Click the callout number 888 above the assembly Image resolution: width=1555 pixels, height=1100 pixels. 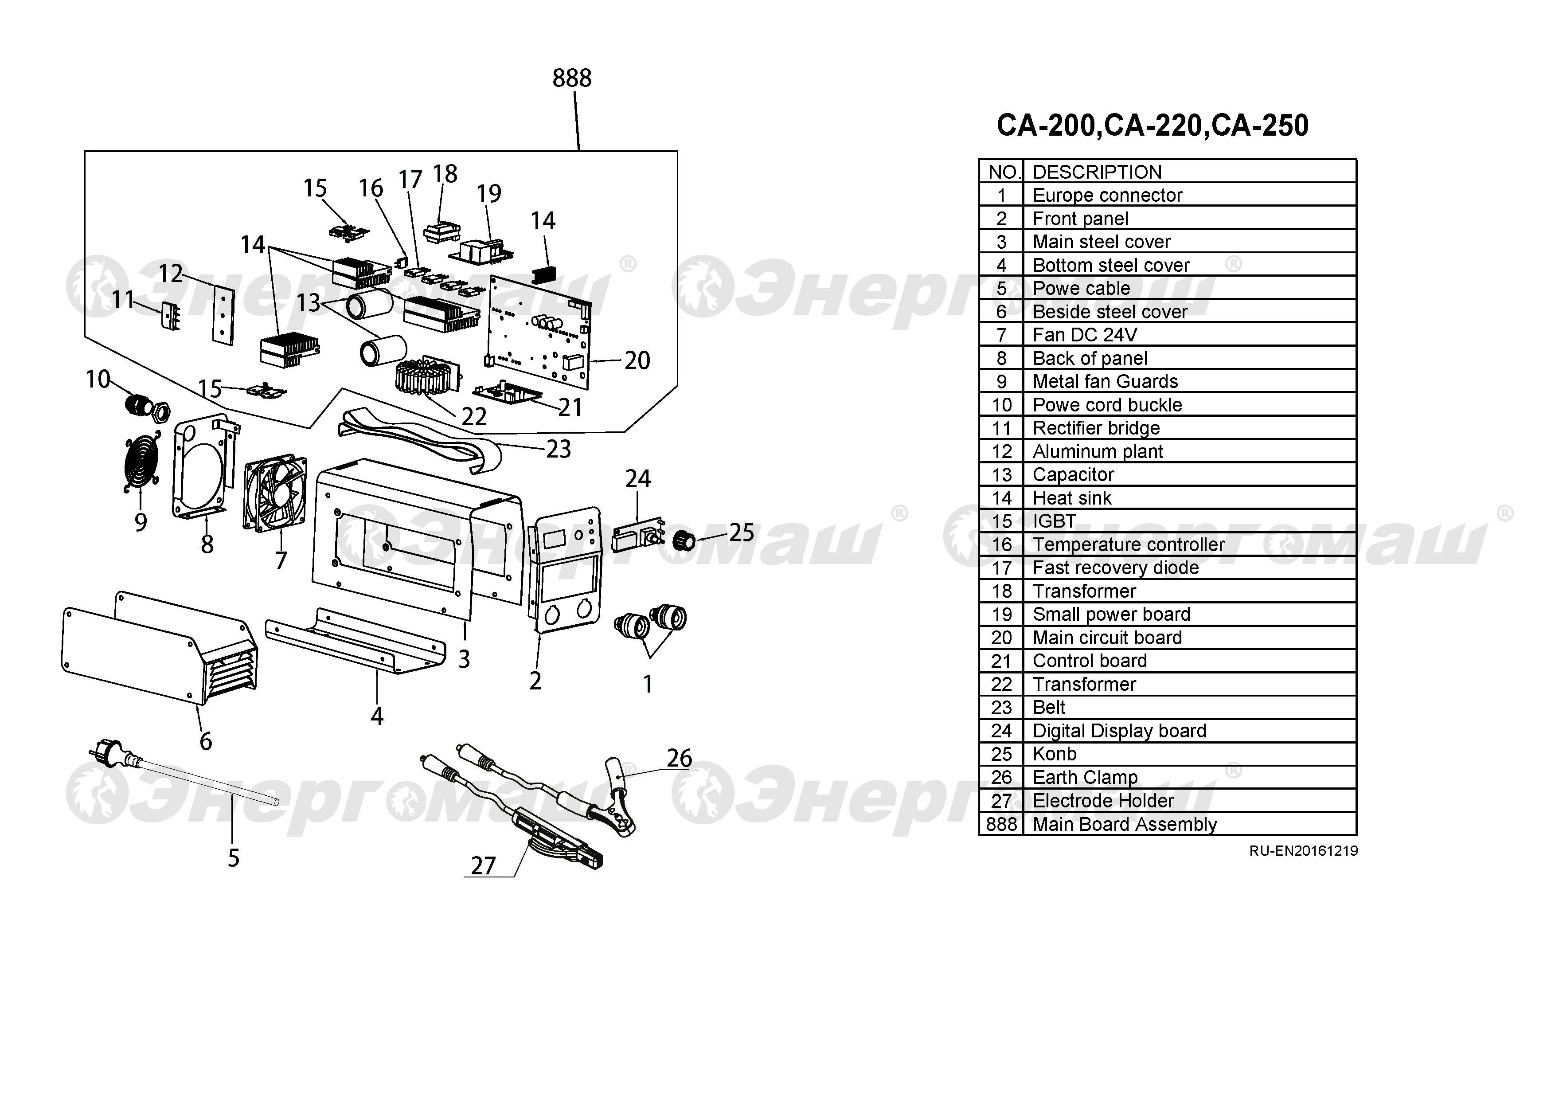point(572,78)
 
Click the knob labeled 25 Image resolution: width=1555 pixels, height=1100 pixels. point(685,540)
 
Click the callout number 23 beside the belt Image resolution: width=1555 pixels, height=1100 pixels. point(558,449)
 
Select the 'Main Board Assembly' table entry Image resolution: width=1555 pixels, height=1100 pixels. point(1124,824)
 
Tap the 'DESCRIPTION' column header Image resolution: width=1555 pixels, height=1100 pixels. point(1097,172)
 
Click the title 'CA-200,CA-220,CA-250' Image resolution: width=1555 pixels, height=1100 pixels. point(1152,126)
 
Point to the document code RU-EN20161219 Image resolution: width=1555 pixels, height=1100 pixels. point(1303,851)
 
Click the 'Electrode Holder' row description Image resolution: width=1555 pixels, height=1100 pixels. point(1102,801)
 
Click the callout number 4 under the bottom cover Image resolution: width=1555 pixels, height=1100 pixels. point(377,716)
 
